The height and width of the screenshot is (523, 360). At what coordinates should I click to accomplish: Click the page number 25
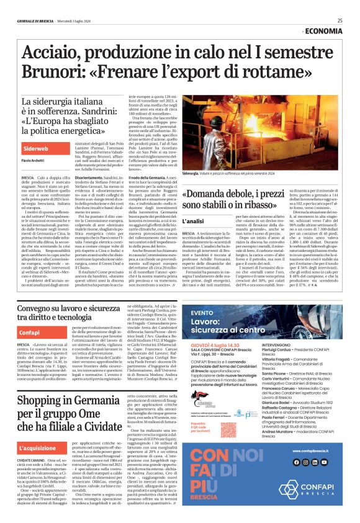(340, 20)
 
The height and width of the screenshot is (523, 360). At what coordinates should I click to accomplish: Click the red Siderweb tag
(36, 149)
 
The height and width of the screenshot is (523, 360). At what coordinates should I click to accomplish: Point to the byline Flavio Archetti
(35, 161)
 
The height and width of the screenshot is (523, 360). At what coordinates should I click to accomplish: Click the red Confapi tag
(30, 333)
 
